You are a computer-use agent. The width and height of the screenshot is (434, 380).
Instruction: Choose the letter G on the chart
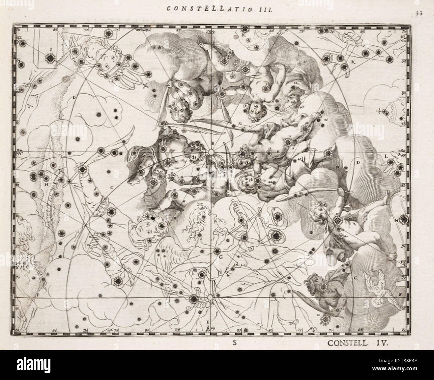click(x=220, y=257)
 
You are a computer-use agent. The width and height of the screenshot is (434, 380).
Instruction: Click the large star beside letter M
click(x=404, y=220)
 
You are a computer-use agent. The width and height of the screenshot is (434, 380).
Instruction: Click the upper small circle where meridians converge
click(x=210, y=152)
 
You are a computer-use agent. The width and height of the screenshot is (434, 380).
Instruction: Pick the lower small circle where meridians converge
click(x=210, y=297)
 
